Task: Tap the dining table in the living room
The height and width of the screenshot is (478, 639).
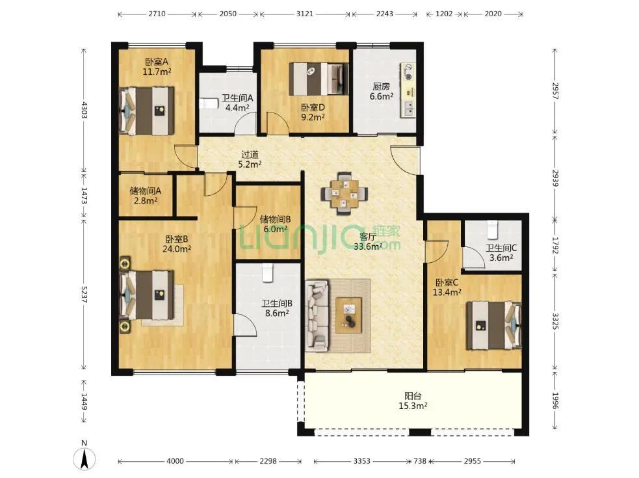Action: [345, 193]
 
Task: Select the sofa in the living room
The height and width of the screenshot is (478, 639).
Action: [317, 315]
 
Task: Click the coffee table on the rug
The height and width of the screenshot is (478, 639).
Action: [348, 315]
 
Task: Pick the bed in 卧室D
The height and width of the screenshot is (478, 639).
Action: [319, 78]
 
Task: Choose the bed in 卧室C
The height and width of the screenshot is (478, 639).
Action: [494, 325]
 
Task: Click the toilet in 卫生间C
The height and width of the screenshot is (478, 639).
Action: [493, 229]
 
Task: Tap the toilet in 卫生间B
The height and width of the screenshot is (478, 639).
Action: [267, 272]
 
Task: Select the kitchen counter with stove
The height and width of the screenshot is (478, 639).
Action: [408, 90]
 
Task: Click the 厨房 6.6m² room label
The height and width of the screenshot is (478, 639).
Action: [382, 91]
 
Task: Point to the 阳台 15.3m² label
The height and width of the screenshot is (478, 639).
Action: [413, 401]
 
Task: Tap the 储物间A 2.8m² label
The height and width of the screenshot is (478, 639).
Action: [146, 196]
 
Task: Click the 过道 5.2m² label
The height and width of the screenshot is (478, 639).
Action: [250, 159]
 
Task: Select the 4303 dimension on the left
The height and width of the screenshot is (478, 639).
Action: [84, 110]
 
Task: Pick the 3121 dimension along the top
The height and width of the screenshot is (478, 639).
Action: [305, 14]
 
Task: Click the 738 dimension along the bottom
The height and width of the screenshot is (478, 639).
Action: [420, 461]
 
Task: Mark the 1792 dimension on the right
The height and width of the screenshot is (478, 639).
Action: [555, 245]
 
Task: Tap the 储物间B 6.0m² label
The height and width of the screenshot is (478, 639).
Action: [276, 224]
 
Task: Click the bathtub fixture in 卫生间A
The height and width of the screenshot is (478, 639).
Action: [206, 103]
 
